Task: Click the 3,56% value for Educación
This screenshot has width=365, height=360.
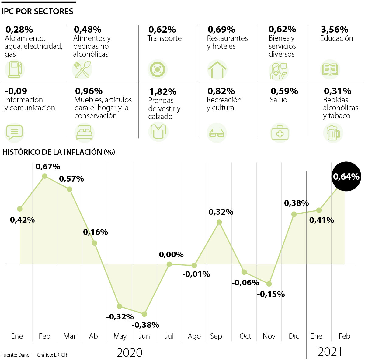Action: coord(334,30)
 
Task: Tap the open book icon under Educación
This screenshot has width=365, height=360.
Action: coord(330,69)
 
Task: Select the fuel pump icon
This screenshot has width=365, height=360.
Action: coord(15,69)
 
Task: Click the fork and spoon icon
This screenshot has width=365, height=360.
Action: coord(82,69)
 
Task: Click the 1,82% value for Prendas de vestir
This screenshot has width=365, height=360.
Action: coord(163,92)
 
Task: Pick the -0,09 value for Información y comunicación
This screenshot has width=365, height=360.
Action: coord(16,91)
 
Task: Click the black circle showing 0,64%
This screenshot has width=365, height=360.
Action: coord(346,177)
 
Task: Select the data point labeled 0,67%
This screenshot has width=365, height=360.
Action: coord(45,176)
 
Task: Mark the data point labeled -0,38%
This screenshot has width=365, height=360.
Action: coord(144,314)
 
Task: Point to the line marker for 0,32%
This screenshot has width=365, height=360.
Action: coord(219,222)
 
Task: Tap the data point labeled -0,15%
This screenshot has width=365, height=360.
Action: coord(269,284)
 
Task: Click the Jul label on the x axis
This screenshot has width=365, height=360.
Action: coord(169,336)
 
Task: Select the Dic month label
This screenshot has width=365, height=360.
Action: coord(294,336)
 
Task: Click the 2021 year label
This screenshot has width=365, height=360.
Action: coord(330,352)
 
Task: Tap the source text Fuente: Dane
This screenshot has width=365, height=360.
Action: coord(16,355)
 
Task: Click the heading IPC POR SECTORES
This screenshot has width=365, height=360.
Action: coord(37,12)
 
